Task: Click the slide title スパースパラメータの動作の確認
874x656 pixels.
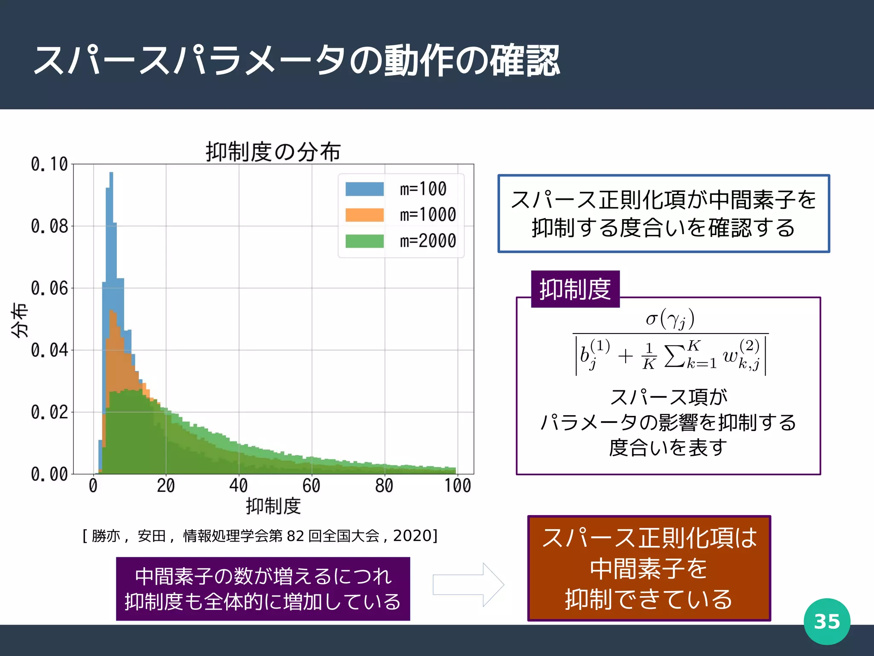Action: tap(297, 61)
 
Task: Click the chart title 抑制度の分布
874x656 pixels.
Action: tap(273, 152)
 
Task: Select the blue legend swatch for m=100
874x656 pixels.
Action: tap(364, 189)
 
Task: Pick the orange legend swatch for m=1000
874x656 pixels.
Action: tap(364, 215)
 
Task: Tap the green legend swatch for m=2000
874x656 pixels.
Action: tap(364, 241)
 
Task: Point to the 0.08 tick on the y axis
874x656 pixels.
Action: tap(50, 226)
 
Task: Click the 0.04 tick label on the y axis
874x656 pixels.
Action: tap(50, 350)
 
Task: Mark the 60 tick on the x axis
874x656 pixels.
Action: tap(311, 486)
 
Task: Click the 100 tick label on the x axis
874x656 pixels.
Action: tap(457, 486)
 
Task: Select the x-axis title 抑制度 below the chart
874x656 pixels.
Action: tap(273, 506)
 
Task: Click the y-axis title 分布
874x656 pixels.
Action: tap(20, 320)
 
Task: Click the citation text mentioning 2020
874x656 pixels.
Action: tap(260, 536)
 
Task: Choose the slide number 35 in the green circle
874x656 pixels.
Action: tap(827, 621)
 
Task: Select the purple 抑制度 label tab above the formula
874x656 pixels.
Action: tap(575, 289)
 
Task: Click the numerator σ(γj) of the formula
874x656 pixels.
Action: tap(670, 319)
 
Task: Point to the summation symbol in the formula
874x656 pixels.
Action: tap(675, 356)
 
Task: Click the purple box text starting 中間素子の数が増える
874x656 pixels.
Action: tap(263, 577)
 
